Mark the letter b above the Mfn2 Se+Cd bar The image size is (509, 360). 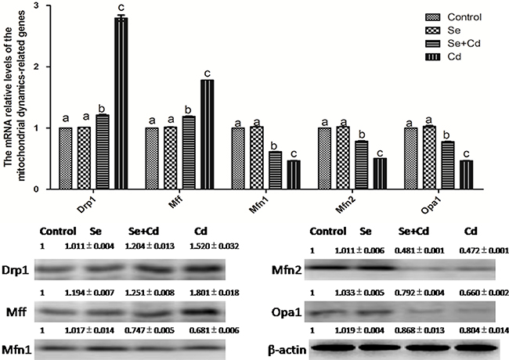pos(359,133)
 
